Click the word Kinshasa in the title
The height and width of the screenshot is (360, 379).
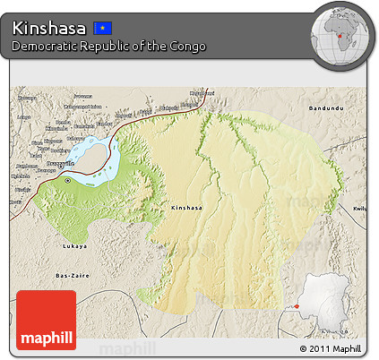click(49, 28)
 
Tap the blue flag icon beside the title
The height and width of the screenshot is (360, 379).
click(104, 28)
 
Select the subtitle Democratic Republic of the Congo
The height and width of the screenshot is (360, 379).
click(108, 46)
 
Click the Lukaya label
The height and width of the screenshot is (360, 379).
click(75, 243)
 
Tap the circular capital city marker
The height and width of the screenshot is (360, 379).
click(68, 180)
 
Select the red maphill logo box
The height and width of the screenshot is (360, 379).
click(46, 320)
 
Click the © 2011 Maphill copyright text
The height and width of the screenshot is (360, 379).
click(331, 348)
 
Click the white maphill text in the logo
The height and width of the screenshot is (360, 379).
click(46, 337)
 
